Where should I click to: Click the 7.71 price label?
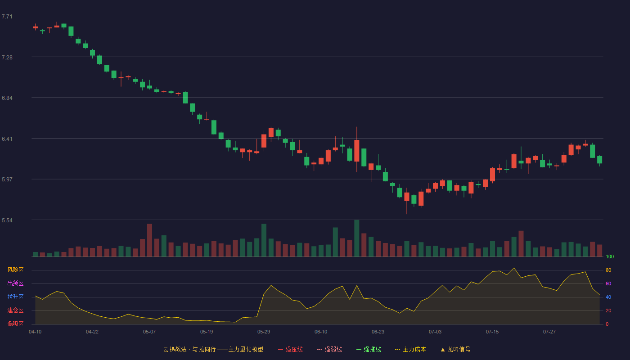point(7,17)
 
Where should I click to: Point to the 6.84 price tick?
point(7,98)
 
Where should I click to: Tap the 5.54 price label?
point(7,220)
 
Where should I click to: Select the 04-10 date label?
point(35,332)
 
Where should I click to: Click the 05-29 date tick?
point(264,332)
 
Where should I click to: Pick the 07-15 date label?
point(492,332)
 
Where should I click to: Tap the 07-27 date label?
point(549,332)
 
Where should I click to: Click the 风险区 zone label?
point(15,270)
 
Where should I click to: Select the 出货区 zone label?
point(15,283)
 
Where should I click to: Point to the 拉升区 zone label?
point(15,297)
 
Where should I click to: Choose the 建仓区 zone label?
point(15,310)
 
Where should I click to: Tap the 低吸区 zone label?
point(15,324)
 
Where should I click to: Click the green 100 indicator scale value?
point(610,256)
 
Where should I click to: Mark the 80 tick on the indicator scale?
point(608,270)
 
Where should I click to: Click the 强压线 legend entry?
point(290,349)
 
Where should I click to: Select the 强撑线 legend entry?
point(369,349)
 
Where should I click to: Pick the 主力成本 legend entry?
point(410,349)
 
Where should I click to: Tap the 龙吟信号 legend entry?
point(455,349)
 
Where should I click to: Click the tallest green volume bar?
point(356,238)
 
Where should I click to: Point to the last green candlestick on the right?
point(599,160)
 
